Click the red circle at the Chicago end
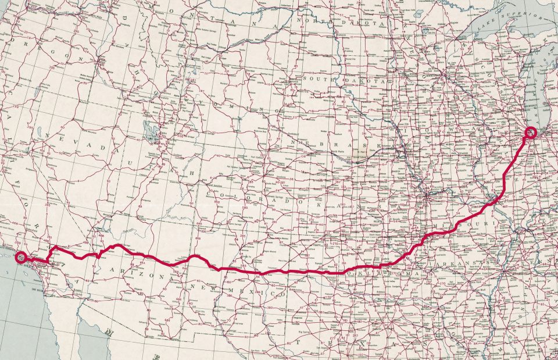(x=531, y=133)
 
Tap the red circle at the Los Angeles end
(x=21, y=256)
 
